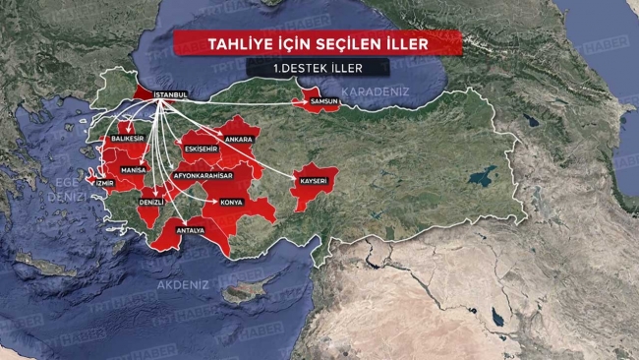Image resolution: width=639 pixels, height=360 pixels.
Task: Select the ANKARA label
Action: coord(239,140)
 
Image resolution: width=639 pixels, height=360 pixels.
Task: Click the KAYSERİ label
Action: coord(314,181)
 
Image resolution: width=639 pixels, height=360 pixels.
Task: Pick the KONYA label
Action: coord(232,202)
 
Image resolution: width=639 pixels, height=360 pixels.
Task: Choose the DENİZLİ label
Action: coord(151,201)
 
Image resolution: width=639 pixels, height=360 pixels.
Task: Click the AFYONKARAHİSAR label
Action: coord(203,175)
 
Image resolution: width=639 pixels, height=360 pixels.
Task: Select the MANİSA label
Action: coord(134,169)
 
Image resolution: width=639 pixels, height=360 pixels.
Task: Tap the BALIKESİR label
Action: coord(128,140)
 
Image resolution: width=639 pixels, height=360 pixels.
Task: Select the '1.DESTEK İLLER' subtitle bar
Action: coord(317,68)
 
